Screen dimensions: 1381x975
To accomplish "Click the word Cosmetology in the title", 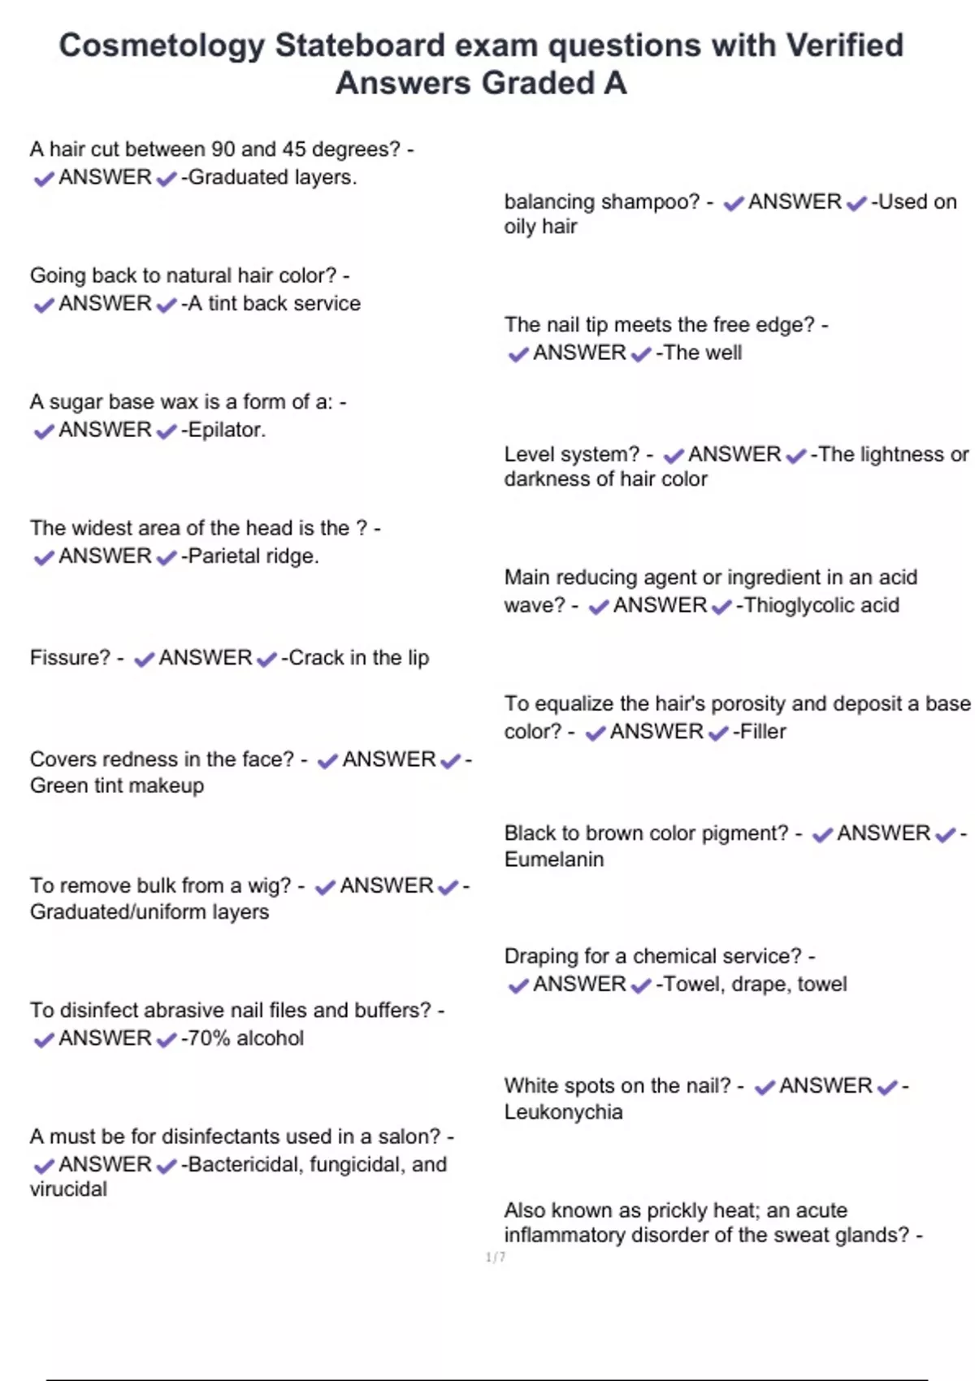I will pyautogui.click(x=162, y=46).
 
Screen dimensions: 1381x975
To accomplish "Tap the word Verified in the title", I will pyautogui.click(x=843, y=46).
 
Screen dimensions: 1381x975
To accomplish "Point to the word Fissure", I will pyautogui.click(x=69, y=657).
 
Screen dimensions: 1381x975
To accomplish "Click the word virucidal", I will pyautogui.click(x=68, y=1189).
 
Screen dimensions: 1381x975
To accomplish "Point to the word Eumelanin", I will pyautogui.click(x=553, y=859).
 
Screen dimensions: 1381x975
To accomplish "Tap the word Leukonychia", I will pyautogui.click(x=563, y=1112).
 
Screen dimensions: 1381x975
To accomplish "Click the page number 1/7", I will pyautogui.click(x=496, y=1258).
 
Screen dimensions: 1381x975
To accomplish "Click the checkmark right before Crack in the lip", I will pyautogui.click(x=266, y=659).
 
